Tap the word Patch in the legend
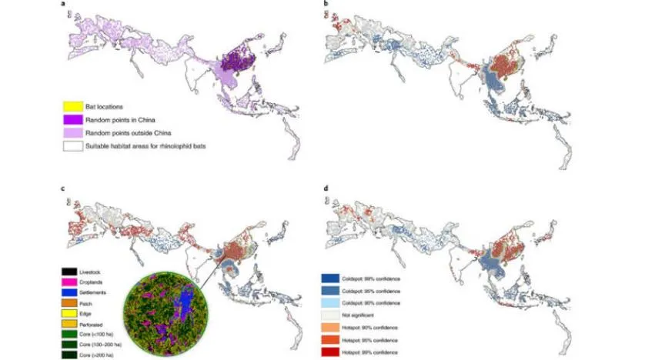[95, 304]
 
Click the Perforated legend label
[101, 325]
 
